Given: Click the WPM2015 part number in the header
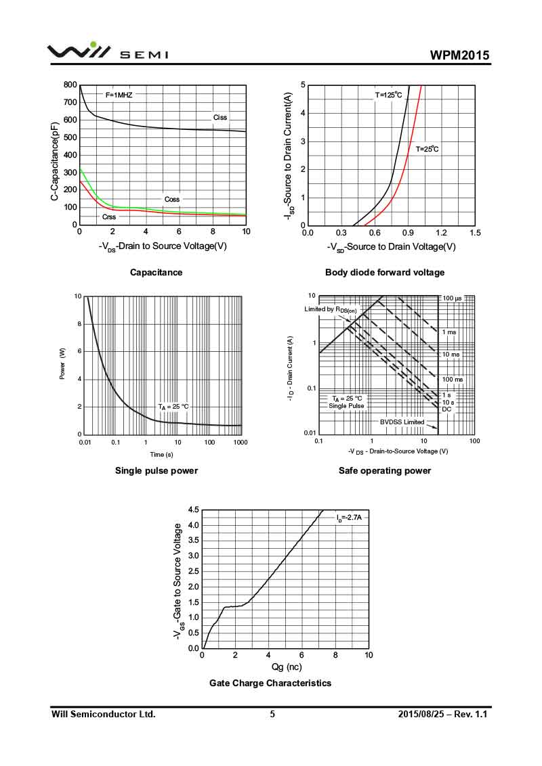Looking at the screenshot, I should coord(459,55).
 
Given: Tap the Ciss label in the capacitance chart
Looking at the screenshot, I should coord(220,117).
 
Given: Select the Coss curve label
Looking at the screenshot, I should coord(172,200).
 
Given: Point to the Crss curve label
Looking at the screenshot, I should coord(109,217).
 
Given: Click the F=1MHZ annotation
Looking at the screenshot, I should coord(119,95).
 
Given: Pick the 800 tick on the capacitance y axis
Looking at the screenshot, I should coord(70,85).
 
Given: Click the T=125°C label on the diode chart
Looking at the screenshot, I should coord(389,95).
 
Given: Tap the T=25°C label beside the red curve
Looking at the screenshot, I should coord(427,149).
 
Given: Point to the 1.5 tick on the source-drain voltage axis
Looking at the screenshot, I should coord(474,233).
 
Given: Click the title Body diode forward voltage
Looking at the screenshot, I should coord(385,273).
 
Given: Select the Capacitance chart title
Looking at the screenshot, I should coord(157,273).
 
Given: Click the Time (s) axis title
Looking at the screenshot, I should coord(161,454).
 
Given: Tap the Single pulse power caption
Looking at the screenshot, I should coord(157,471).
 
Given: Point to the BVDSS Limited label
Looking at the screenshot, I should coord(402,422).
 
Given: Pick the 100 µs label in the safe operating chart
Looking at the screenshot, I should coord(452,298).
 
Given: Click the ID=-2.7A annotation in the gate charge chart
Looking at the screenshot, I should coord(350,518).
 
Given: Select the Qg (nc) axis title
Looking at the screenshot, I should coord(286,667).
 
